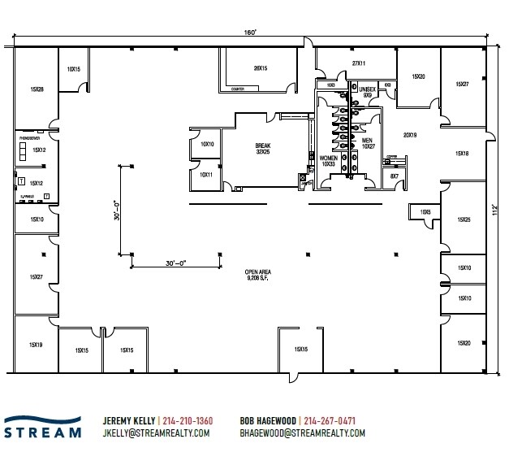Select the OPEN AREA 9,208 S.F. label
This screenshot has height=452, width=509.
(x=258, y=276)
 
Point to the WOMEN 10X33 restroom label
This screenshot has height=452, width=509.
(x=329, y=160)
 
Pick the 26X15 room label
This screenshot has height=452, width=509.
(x=260, y=67)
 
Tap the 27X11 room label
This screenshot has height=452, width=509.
(x=359, y=63)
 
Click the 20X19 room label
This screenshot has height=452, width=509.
(x=410, y=135)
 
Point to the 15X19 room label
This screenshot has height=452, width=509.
(x=36, y=346)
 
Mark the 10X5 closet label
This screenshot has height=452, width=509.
(x=425, y=212)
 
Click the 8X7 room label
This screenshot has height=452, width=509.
(x=395, y=176)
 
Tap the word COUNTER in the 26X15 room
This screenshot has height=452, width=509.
(x=239, y=90)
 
